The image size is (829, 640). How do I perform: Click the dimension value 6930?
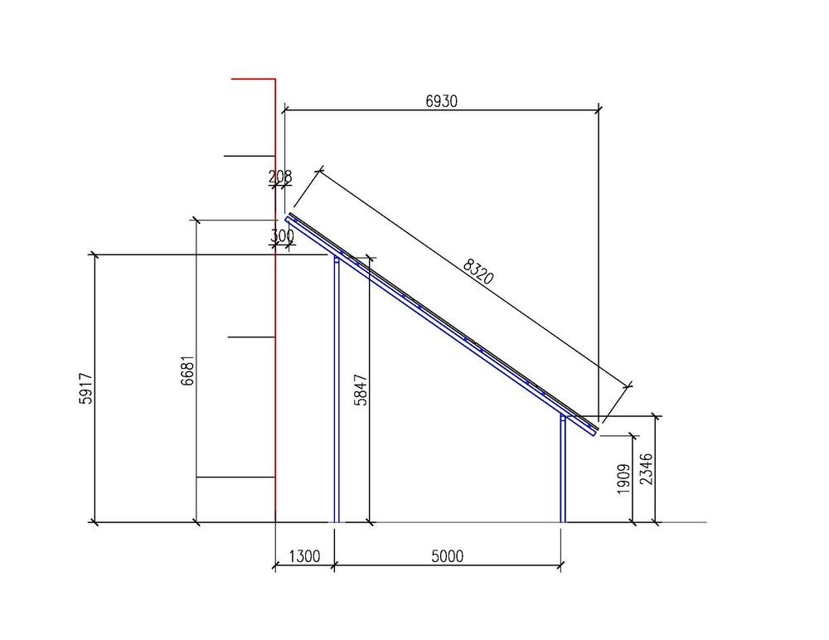(442, 101)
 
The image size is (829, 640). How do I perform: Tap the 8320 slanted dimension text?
(478, 271)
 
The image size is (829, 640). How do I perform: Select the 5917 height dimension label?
(85, 389)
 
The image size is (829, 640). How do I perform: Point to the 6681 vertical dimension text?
(187, 371)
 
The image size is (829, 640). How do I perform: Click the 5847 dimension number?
(361, 390)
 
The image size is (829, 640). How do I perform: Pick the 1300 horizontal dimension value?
(304, 556)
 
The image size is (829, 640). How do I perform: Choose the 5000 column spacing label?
(448, 556)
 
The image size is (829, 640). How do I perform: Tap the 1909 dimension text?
(624, 479)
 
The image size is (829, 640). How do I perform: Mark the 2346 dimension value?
(646, 469)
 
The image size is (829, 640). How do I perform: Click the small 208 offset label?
(280, 177)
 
